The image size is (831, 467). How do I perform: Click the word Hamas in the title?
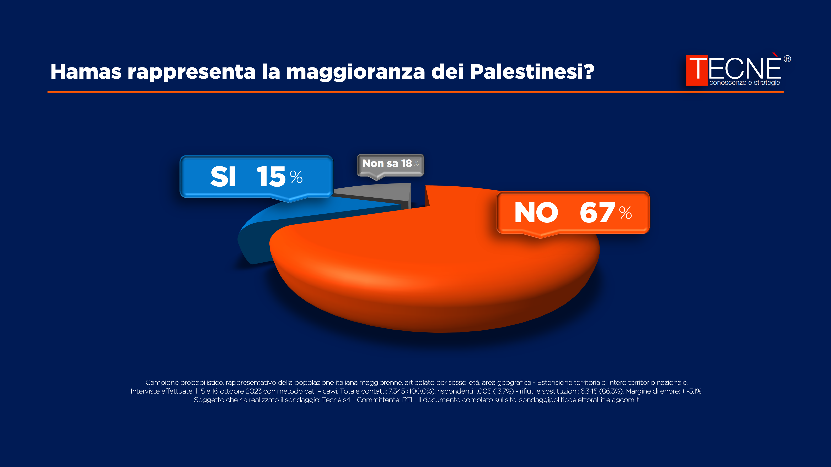(86, 72)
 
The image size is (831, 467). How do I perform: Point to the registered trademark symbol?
(787, 59)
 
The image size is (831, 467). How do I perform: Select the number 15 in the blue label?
(271, 177)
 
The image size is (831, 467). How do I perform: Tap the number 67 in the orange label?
(597, 213)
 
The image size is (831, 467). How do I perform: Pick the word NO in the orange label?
(536, 213)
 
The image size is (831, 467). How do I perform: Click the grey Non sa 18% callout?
(390, 164)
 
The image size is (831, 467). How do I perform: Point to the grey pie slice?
(381, 192)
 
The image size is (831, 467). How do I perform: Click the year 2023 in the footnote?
(253, 391)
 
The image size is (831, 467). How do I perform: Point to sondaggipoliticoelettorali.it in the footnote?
(562, 400)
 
